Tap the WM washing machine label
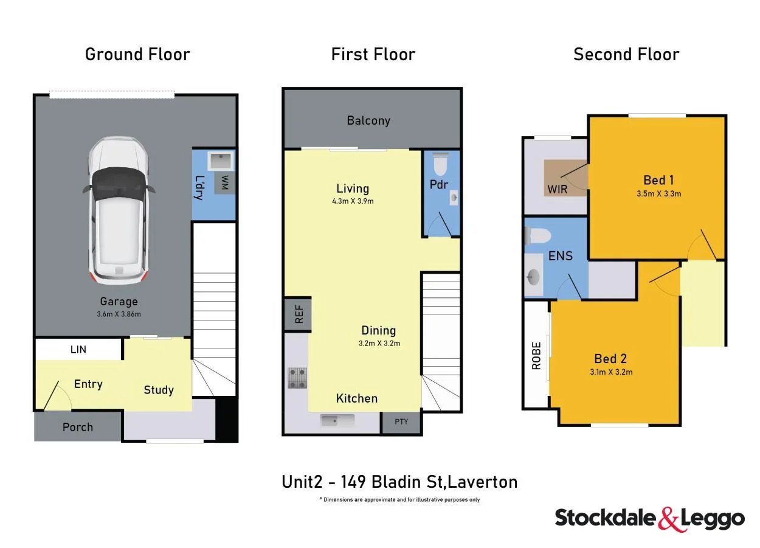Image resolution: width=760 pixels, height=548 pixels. point(225,183)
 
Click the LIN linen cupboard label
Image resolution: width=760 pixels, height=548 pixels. point(78,349)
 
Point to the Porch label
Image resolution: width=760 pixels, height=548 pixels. point(78,427)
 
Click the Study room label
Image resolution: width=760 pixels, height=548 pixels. point(159,390)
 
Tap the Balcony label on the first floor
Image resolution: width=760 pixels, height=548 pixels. point(368,120)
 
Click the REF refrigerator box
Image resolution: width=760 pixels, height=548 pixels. point(298,314)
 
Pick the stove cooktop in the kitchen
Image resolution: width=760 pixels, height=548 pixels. point(297,377)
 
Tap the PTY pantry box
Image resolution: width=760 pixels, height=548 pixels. point(401,421)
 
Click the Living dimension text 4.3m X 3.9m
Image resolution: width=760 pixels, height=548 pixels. point(353,201)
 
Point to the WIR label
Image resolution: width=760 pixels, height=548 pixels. point(558,189)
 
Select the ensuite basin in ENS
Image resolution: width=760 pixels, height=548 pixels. point(533,277)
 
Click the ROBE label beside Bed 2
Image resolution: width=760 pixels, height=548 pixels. point(536,356)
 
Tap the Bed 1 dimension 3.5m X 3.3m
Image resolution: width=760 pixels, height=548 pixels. point(658,194)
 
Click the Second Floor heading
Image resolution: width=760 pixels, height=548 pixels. point(626,54)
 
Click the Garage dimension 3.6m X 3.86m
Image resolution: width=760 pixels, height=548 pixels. point(119,314)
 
